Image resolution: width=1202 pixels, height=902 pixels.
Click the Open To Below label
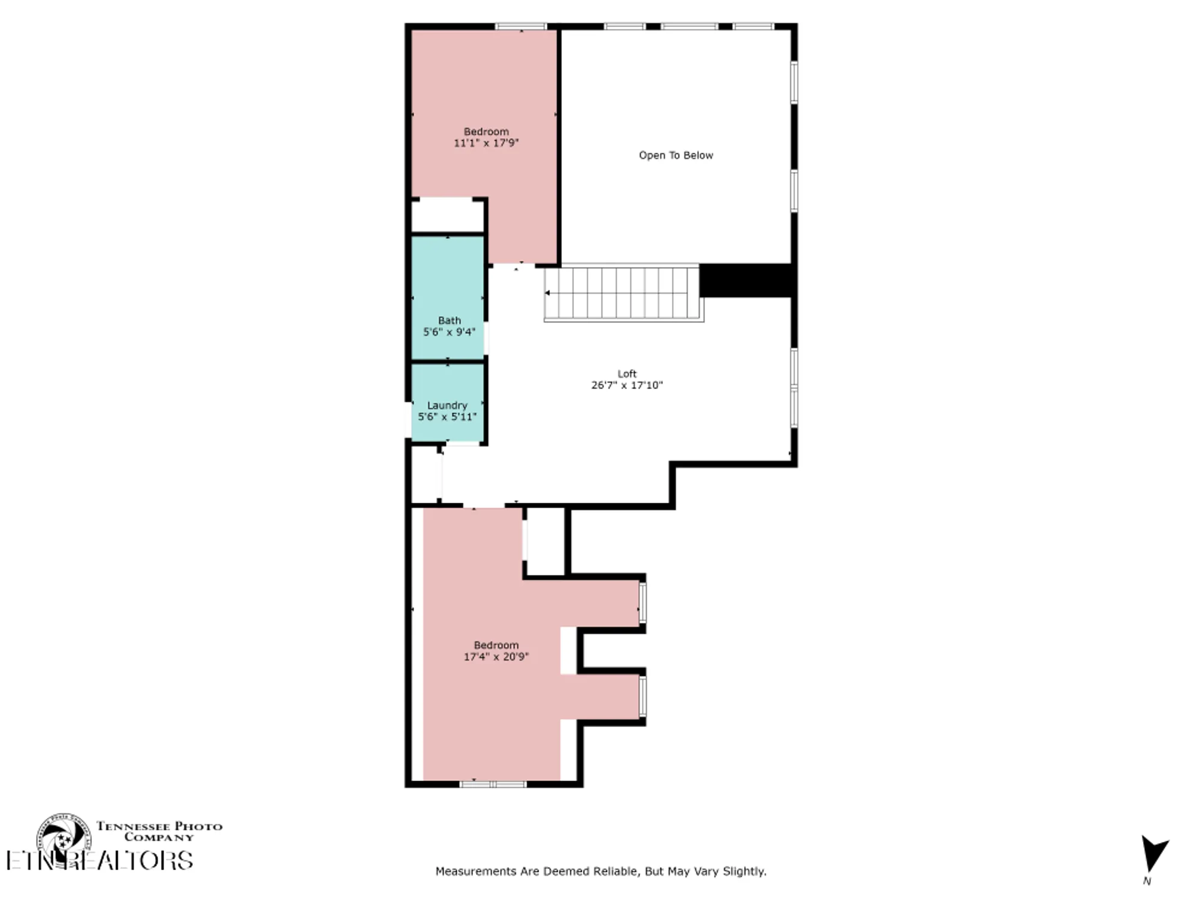676,155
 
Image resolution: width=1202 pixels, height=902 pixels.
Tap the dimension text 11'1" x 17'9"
486,143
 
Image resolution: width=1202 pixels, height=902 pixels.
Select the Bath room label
449,321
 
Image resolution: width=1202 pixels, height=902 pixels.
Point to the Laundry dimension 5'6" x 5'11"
447,417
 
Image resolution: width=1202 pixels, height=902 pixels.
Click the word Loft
626,373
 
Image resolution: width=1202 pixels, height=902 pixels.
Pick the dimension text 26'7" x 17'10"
626,385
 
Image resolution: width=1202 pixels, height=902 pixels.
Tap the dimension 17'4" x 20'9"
496,657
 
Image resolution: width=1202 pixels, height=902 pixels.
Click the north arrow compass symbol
1153,854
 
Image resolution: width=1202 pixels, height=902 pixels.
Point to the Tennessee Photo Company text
159,831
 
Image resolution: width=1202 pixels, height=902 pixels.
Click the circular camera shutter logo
64,836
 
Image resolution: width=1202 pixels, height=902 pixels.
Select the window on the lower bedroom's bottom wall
493,784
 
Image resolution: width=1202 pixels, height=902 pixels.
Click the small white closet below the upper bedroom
447,215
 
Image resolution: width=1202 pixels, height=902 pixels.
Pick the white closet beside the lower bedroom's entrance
545,541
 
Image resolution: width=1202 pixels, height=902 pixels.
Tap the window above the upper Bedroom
520,26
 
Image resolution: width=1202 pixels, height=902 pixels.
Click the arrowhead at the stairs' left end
548,293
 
